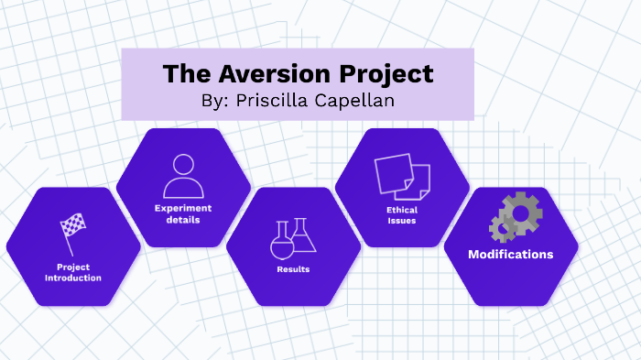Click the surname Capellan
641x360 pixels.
tap(360, 101)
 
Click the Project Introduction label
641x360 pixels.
tap(73, 272)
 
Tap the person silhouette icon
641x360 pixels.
tap(182, 175)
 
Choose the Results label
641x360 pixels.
tap(293, 269)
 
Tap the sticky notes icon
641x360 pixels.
tap(401, 178)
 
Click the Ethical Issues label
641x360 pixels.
tap(402, 215)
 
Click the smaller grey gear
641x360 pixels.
tap(501, 227)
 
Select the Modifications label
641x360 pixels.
tap(510, 254)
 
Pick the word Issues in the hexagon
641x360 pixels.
tap(402, 221)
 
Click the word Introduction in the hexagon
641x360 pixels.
tap(73, 278)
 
